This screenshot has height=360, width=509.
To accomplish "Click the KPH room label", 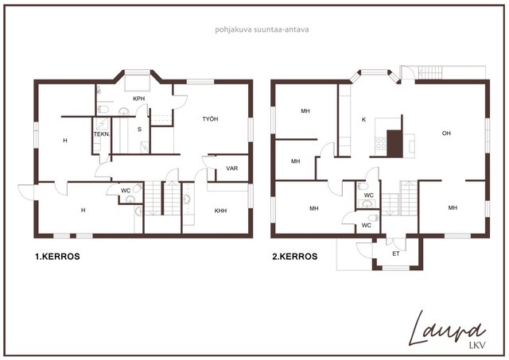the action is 138,99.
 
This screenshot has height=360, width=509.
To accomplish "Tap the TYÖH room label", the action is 210,119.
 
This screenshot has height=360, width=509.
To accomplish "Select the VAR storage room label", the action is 231,168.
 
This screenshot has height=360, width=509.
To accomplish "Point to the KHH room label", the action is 220,211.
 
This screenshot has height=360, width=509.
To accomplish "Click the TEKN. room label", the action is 102,134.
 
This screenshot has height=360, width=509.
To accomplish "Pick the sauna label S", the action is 140,130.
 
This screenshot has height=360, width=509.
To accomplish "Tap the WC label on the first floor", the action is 126,191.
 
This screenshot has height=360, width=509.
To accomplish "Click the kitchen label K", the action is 364,120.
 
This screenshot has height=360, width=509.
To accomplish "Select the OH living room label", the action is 446,134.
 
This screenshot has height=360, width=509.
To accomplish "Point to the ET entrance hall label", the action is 396,254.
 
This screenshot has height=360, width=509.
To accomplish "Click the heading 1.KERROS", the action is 57,257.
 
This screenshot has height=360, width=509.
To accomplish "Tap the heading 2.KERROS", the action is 295,257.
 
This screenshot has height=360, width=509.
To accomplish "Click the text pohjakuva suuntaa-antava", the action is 262,30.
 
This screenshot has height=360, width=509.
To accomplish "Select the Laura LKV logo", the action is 447,330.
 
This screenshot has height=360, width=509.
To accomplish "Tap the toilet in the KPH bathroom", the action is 103,110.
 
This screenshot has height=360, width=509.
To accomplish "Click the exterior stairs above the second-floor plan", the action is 430,72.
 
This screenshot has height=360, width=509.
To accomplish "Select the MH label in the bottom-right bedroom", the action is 453,208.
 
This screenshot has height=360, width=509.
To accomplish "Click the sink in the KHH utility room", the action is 186,199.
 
